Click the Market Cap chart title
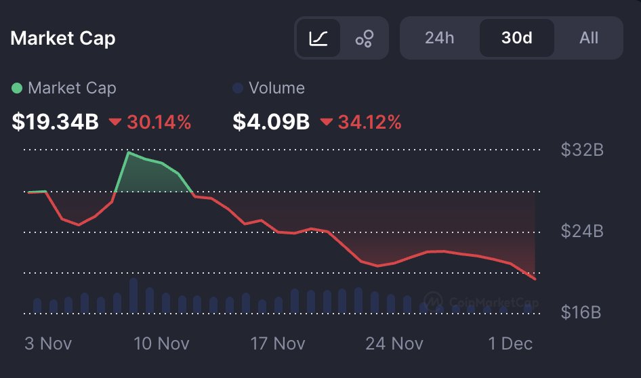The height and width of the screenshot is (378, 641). click(63, 38)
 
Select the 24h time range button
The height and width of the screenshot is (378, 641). click(439, 38)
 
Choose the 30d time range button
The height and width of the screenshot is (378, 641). click(516, 38)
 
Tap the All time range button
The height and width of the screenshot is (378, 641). click(589, 38)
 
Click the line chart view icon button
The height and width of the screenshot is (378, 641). click(318, 39)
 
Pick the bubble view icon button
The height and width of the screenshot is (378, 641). click(365, 39)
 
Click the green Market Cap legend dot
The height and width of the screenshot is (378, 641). click(17, 88)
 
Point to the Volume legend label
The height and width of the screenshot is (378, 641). click(276, 88)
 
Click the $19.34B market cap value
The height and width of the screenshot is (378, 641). click(56, 123)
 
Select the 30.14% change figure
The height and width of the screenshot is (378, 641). click(159, 123)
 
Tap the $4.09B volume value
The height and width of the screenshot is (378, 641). click(271, 123)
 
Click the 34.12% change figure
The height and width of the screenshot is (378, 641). click(369, 123)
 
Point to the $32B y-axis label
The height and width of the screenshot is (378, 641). click(581, 150)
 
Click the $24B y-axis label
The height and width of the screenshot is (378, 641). click(581, 232)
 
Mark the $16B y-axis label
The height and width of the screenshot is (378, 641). click(581, 313)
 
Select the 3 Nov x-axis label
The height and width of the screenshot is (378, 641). click(47, 343)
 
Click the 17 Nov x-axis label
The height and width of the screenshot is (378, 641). click(278, 343)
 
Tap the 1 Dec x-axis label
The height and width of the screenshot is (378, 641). click(510, 343)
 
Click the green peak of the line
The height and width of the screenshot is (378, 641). click(128, 152)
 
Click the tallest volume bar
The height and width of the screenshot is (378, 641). click(133, 295)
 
